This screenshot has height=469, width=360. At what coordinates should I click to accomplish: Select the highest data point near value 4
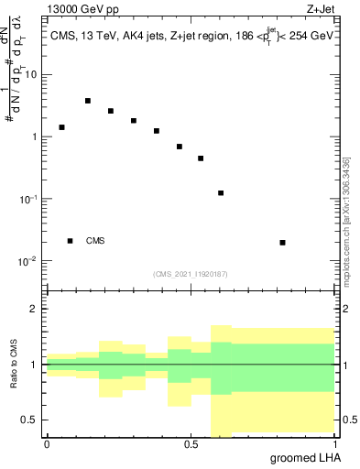88,101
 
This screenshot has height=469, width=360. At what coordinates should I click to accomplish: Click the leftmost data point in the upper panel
62,127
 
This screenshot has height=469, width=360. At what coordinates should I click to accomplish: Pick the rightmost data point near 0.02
282,243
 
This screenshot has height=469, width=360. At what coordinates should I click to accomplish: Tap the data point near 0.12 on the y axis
221,193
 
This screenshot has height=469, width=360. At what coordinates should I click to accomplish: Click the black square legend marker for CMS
70,241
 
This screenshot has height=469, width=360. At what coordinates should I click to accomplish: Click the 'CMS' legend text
94,241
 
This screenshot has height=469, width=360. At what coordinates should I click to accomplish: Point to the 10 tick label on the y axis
31,75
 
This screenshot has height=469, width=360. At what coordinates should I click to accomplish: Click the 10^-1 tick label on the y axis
28,199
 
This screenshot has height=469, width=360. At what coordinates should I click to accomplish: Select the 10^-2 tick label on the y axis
28,261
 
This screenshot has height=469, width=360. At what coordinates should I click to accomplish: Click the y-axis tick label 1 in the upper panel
35,137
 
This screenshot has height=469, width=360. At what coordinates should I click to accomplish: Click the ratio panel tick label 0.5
30,420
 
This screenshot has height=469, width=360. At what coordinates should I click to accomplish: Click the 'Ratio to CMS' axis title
14,365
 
